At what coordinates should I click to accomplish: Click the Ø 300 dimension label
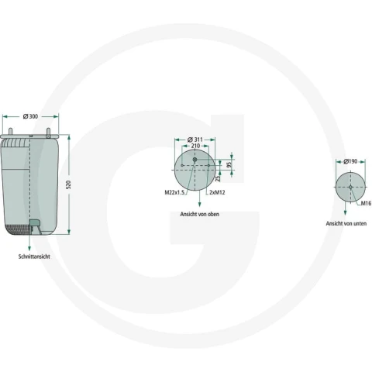30,116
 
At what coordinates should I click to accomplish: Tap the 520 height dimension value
69,184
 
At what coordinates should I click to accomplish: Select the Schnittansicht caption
34,257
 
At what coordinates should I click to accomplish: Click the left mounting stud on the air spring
11,132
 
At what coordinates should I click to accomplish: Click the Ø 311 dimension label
195,139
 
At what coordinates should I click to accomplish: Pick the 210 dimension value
195,146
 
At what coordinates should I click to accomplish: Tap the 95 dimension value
229,164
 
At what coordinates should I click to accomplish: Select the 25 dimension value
219,178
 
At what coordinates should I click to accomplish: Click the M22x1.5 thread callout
175,192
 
